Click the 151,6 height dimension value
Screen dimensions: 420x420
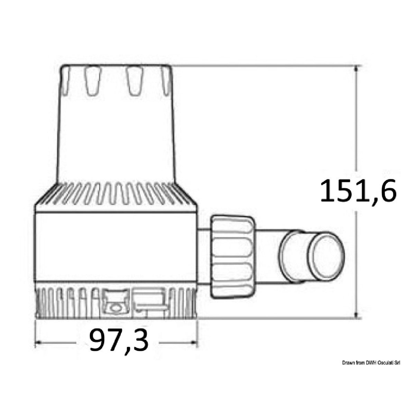[x=358, y=191]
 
